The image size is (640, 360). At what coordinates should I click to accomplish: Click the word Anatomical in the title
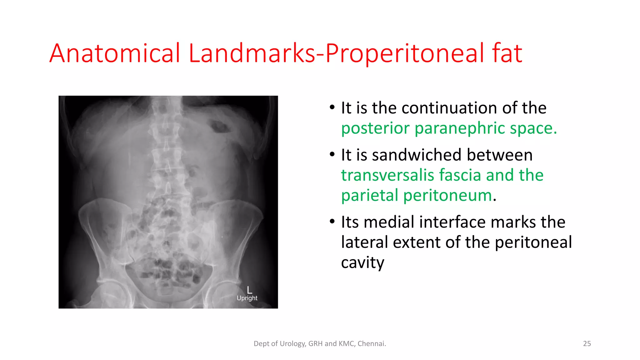point(115,53)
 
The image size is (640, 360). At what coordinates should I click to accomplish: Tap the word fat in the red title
point(507,53)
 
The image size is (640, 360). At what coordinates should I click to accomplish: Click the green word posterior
point(375,128)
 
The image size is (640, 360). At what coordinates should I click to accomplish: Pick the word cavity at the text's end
point(362,263)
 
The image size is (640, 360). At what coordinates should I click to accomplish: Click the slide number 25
point(587,344)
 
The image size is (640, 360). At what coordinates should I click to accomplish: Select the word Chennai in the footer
point(371,344)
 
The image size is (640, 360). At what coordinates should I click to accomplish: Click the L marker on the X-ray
point(249,290)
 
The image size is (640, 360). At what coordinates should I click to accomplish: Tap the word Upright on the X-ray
point(247,298)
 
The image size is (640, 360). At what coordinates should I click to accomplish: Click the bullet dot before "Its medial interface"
point(332,222)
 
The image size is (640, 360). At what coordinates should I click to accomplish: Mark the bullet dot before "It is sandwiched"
point(332,155)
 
